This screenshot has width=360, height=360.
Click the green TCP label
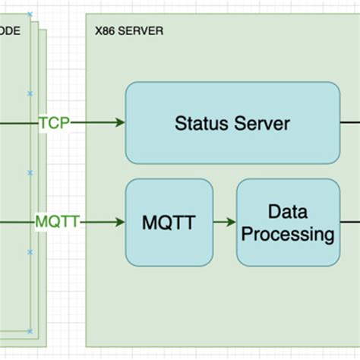coord(53,122)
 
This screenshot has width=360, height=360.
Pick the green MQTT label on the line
coord(57,223)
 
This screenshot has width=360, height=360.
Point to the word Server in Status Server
coord(262,123)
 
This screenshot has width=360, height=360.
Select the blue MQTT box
coord(169,223)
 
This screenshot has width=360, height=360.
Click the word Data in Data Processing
coord(288,210)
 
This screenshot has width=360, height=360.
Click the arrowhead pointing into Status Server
coord(119,122)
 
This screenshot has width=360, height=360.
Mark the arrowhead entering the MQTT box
coord(119,223)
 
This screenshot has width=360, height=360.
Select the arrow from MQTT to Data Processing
coord(225,223)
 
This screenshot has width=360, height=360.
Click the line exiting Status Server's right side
coord(349,122)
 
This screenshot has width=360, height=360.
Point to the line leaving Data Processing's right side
coord(349,223)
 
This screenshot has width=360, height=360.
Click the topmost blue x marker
coord(30,14)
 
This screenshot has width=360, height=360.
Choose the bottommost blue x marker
coord(30,332)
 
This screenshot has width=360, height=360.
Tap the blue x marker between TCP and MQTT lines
coord(30,172)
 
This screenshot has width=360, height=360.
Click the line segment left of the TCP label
coord(18,122)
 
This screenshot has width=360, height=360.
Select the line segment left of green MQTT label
coord(17,223)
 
